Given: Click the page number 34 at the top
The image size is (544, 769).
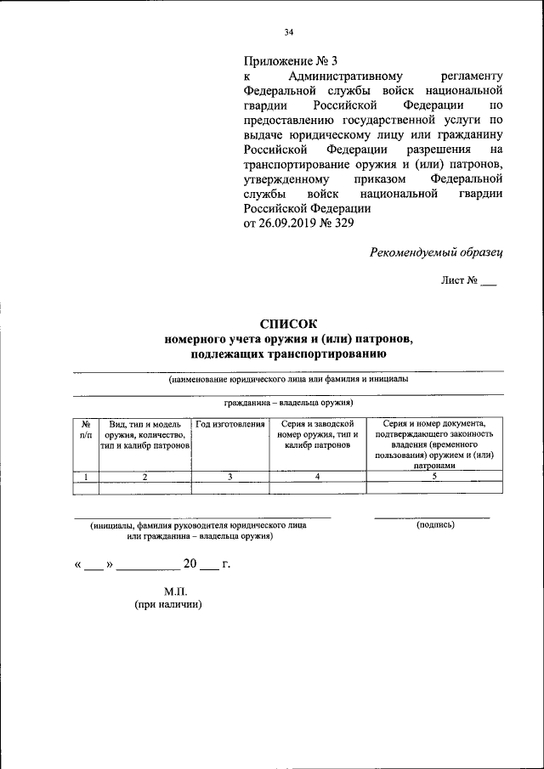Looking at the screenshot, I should (288, 33).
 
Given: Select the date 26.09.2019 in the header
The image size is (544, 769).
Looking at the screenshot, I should (286, 223).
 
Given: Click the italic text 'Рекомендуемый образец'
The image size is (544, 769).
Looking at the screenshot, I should (437, 252).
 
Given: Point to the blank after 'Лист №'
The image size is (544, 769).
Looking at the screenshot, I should (488, 281).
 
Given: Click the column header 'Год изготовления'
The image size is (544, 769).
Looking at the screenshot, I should (230, 424).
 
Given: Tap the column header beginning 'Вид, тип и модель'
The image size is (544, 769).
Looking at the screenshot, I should (145, 435).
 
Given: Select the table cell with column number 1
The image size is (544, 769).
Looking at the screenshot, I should (86, 477).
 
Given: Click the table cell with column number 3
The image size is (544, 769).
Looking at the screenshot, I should (230, 477).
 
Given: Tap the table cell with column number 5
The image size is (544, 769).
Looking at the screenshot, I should (433, 477).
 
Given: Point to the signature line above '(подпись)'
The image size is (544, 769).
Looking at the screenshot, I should (432, 517).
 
